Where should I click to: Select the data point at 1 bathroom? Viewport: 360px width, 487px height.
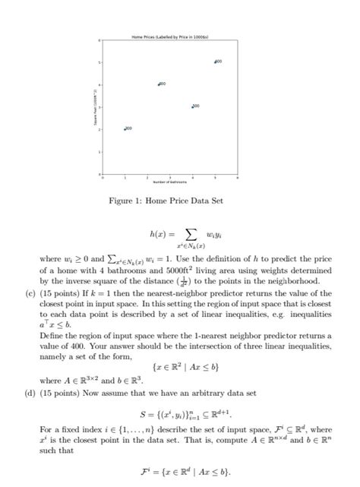(125, 129)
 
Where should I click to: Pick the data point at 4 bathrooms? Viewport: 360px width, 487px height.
(192, 106)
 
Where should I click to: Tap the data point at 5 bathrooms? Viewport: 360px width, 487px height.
(215, 61)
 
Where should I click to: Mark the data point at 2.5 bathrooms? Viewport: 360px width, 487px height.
(159, 84)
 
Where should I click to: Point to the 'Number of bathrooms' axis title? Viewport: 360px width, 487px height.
(169, 183)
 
